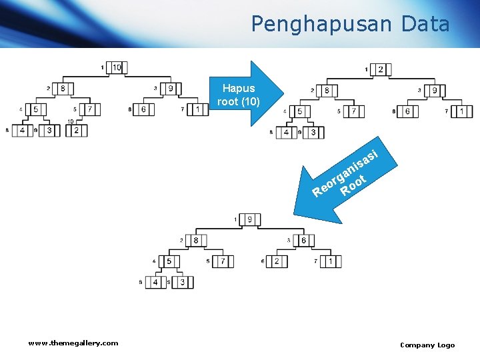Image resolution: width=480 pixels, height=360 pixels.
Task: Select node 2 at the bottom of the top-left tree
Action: click(77, 131)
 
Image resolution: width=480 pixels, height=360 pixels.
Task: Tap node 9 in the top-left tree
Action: click(171, 88)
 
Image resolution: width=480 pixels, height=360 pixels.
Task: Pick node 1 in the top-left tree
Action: click(198, 109)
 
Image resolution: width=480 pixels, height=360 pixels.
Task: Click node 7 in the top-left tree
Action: click(90, 109)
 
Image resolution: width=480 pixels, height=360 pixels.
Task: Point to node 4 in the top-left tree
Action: click(23, 131)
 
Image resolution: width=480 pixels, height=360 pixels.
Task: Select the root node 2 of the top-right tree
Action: click(381, 69)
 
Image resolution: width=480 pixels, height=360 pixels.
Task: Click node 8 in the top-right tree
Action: click(327, 91)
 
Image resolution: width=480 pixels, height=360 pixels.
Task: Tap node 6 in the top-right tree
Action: click(407, 111)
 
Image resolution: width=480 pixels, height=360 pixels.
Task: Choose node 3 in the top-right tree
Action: click(313, 133)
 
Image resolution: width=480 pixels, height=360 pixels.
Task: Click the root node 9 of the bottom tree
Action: click(250, 219)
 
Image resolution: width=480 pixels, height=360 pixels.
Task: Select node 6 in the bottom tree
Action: click(303, 240)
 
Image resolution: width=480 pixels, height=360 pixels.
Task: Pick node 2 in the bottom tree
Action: click(277, 261)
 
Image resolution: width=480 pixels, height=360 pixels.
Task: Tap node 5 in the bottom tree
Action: click(169, 261)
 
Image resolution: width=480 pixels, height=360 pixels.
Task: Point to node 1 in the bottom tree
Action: click(331, 261)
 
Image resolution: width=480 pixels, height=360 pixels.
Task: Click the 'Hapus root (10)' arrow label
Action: click(238, 95)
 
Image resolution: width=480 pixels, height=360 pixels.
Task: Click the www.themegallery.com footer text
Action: click(73, 343)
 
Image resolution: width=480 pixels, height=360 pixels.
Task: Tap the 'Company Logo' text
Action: click(427, 345)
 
